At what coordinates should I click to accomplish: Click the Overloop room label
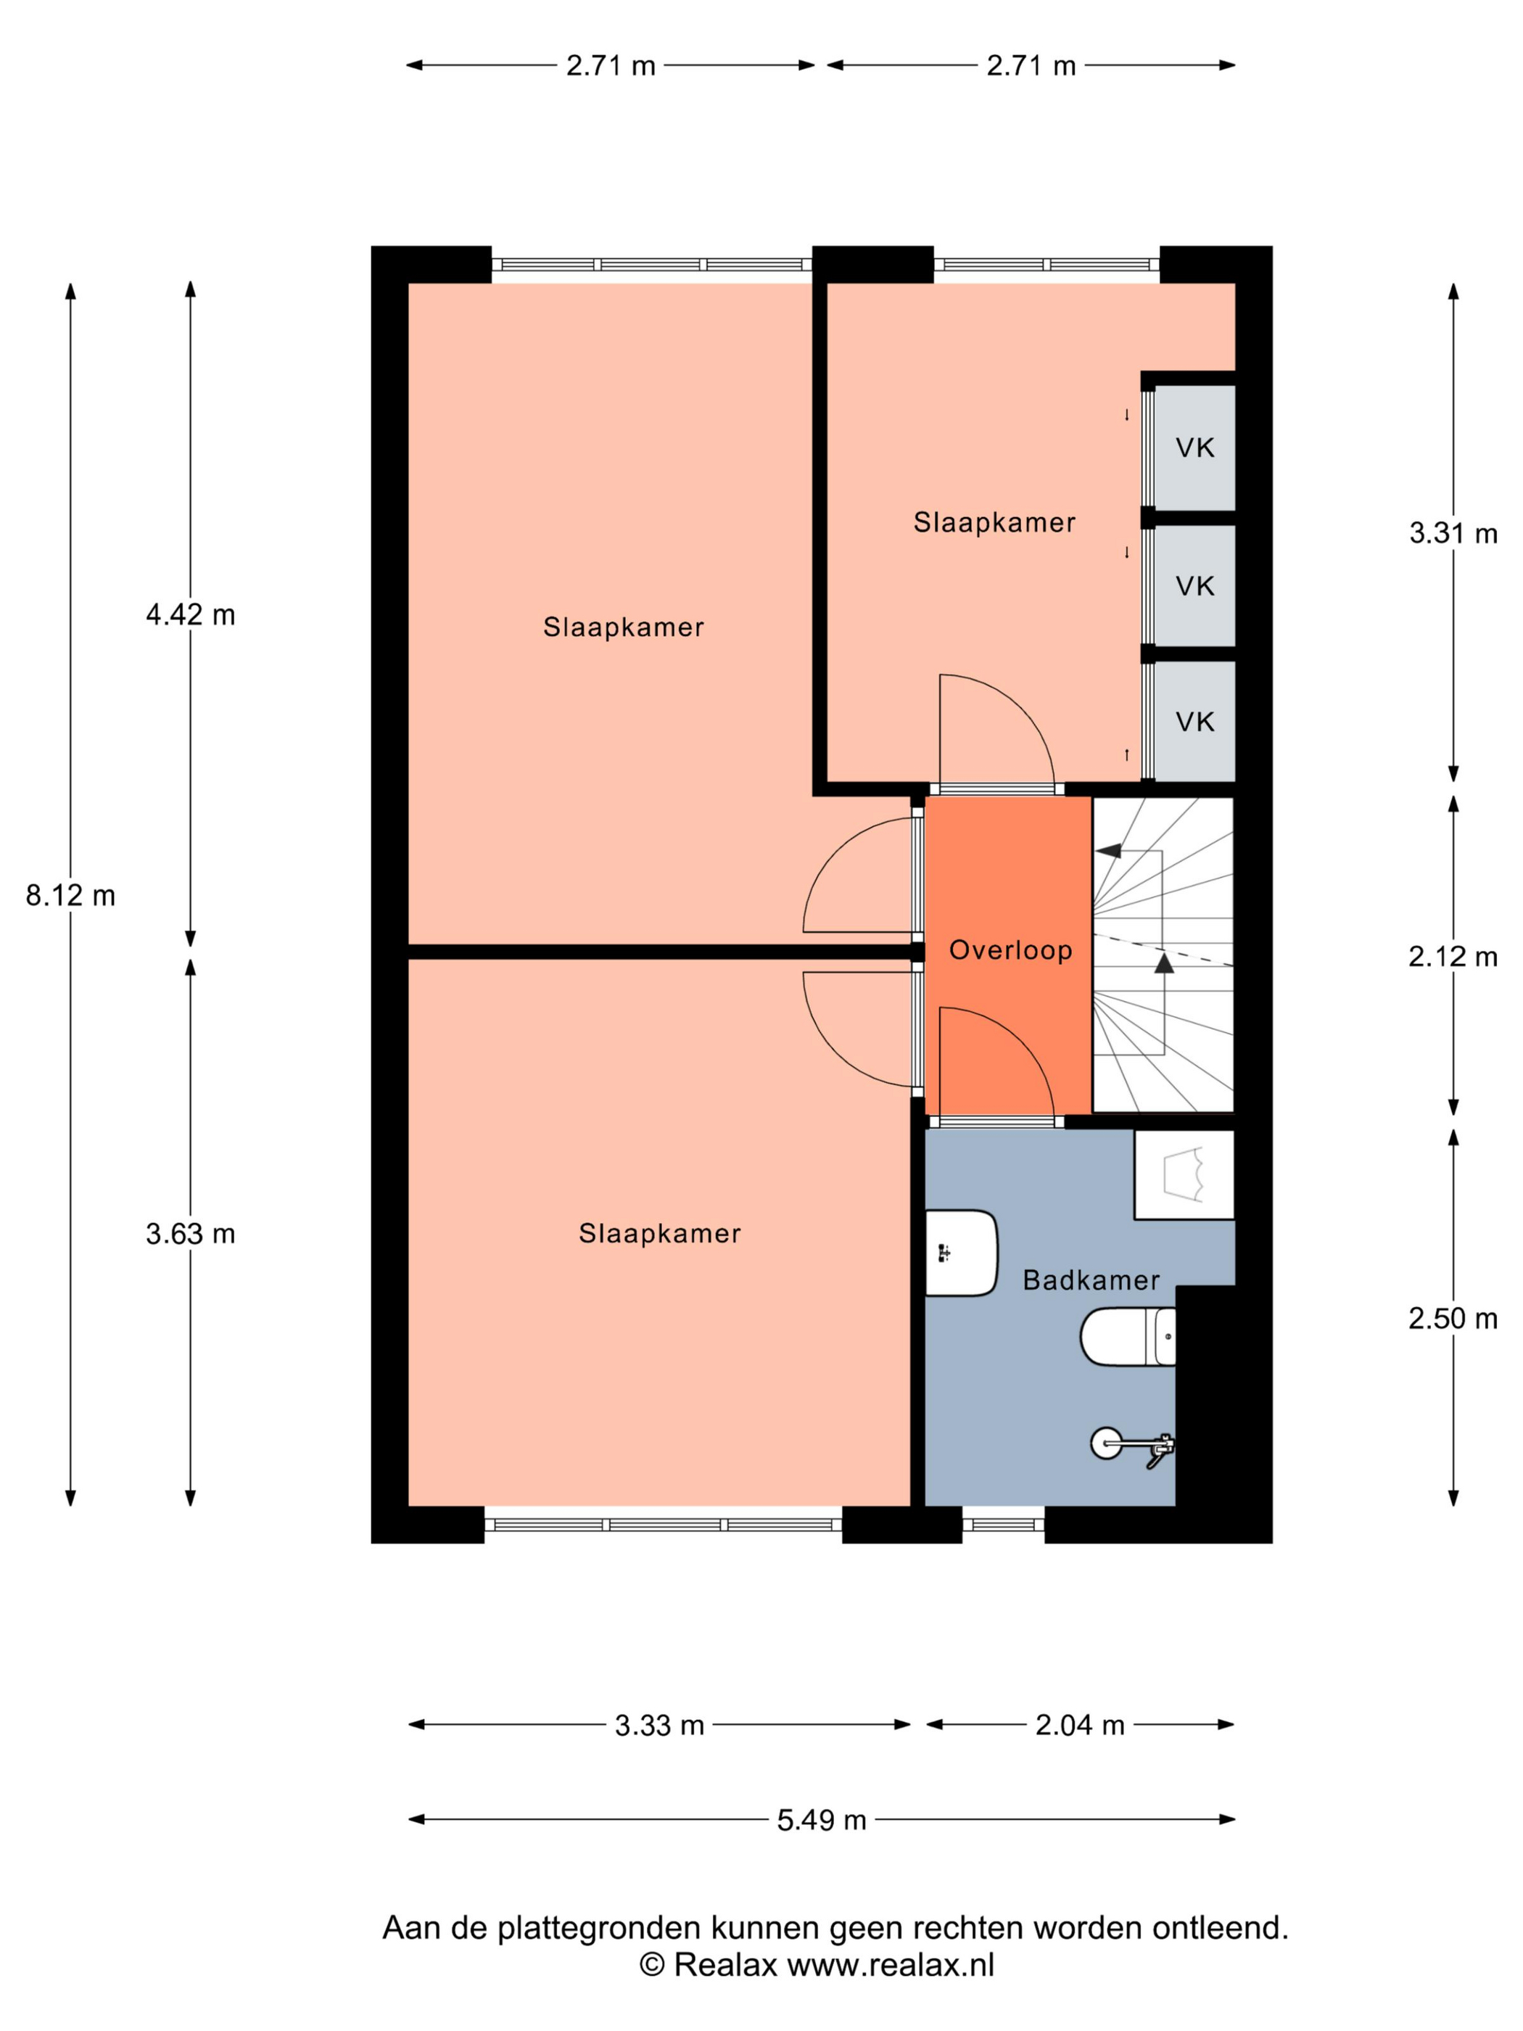1010,949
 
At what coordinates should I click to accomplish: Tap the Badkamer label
1091,1280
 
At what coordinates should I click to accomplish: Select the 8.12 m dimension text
70,895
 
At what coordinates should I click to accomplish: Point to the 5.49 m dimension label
822,1820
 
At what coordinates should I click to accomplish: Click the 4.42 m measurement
191,614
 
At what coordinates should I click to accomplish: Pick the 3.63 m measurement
191,1233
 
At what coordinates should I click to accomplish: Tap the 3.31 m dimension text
1453,532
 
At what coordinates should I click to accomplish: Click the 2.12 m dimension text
1453,957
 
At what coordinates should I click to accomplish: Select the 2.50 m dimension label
1453,1319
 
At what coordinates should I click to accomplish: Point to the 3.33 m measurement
659,1725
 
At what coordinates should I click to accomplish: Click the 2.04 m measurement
1080,1725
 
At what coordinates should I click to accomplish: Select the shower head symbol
1132,1444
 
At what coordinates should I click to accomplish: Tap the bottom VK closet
1194,722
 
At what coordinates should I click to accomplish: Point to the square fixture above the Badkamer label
1184,1174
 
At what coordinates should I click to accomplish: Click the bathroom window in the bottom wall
1004,1524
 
